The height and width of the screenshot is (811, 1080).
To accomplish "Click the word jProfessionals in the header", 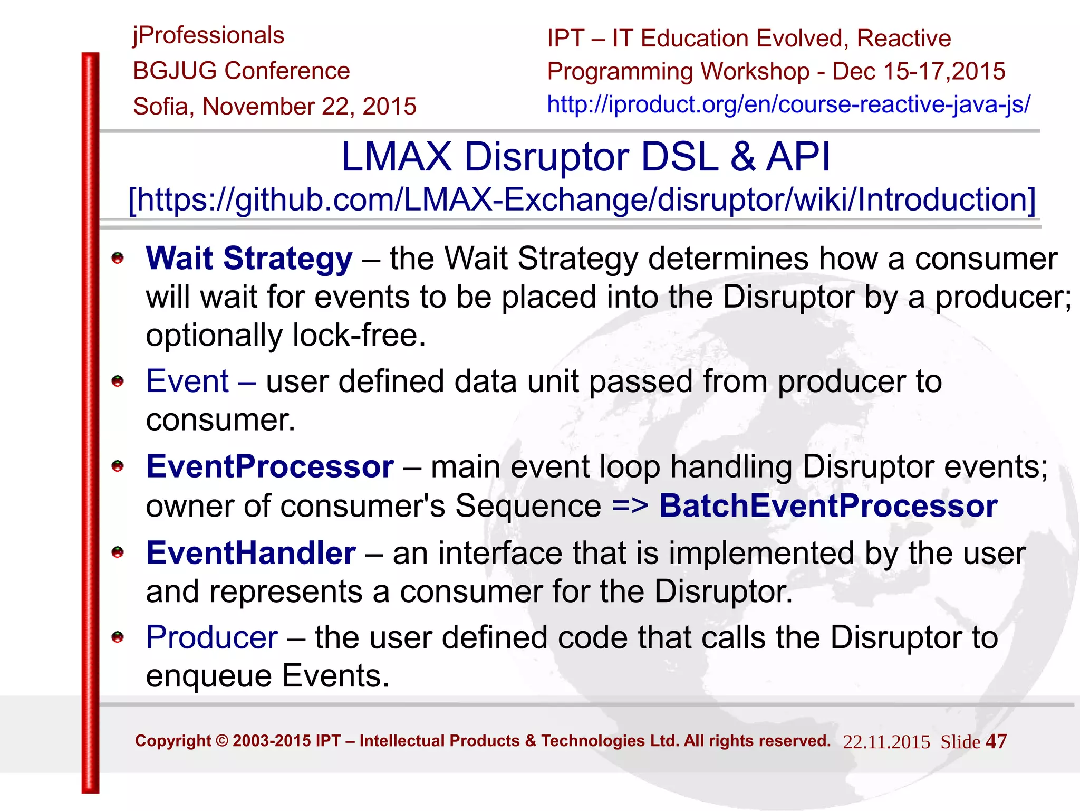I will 208,36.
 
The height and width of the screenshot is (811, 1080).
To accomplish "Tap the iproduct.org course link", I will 788,104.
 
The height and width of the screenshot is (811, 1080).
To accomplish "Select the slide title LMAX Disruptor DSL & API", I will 585,157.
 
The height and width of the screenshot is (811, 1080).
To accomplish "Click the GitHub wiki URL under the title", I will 582,200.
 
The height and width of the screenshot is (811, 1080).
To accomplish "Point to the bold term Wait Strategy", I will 249,259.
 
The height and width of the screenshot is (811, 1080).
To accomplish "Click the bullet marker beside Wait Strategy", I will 118,258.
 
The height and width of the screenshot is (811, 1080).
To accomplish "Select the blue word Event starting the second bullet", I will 187,381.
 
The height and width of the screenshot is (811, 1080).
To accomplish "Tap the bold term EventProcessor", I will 270,466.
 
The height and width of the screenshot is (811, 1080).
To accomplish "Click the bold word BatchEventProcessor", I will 828,505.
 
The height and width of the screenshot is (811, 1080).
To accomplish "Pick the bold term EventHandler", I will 251,553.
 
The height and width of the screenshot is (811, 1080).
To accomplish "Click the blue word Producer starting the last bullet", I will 212,637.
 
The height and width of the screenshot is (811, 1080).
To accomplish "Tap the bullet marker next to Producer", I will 118,637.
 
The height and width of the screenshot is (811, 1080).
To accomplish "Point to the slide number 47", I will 996,741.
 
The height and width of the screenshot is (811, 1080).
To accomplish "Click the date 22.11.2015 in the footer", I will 886,742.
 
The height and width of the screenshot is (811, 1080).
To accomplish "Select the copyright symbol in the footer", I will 222,741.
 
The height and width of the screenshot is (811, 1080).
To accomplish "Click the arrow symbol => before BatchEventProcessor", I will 630,506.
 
